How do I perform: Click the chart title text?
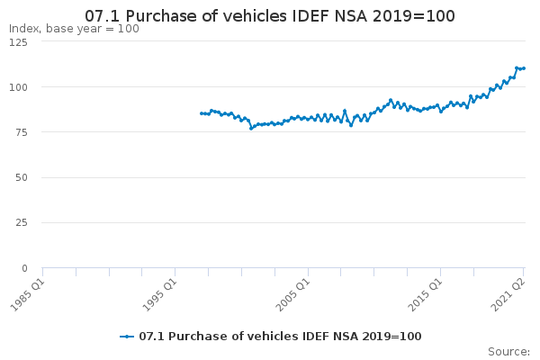(x=270, y=16)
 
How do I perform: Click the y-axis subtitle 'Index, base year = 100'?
(x=74, y=29)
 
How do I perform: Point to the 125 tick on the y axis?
(x=18, y=42)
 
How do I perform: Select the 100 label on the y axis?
(x=18, y=87)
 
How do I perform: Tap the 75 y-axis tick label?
(x=22, y=132)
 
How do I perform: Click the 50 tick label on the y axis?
(x=22, y=178)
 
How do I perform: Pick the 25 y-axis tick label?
(x=22, y=223)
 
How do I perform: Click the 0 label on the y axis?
(x=24, y=268)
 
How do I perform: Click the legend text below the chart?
(x=280, y=337)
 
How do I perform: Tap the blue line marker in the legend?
(x=127, y=337)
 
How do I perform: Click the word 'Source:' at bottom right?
(x=509, y=352)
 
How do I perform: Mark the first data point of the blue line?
(x=202, y=113)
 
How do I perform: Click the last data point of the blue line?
(x=524, y=68)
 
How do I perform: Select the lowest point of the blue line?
(x=251, y=129)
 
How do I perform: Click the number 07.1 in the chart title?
(x=103, y=16)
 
